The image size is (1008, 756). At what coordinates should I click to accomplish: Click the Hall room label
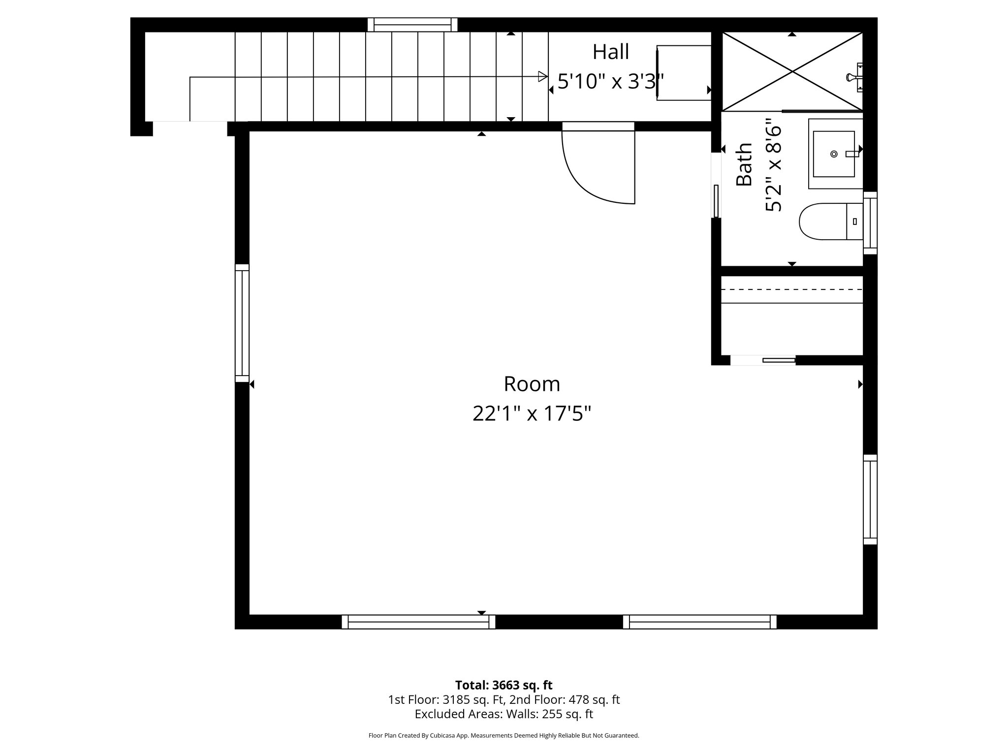[x=610, y=52]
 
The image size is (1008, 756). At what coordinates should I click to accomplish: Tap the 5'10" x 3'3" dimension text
[x=610, y=82]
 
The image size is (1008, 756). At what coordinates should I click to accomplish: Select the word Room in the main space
[x=532, y=384]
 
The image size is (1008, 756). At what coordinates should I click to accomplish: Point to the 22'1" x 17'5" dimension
[x=532, y=413]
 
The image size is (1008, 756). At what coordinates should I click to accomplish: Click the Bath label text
[x=744, y=164]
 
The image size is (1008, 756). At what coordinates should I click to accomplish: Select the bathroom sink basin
[x=833, y=154]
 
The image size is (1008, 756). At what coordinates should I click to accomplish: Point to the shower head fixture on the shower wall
[x=854, y=77]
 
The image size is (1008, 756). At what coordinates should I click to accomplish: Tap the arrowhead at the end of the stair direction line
[x=543, y=77]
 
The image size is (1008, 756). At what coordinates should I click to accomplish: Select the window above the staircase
[x=412, y=25]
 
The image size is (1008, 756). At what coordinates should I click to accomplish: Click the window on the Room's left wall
[x=242, y=323]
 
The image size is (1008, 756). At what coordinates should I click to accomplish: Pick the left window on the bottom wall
[x=418, y=622]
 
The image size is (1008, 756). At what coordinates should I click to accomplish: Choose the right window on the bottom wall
[x=699, y=622]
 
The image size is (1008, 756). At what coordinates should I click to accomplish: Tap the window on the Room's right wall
[x=870, y=500]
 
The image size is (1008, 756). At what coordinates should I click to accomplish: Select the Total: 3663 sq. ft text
[x=504, y=685]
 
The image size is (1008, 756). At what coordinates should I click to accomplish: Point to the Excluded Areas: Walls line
[x=504, y=714]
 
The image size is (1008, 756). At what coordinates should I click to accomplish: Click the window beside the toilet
[x=870, y=223]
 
